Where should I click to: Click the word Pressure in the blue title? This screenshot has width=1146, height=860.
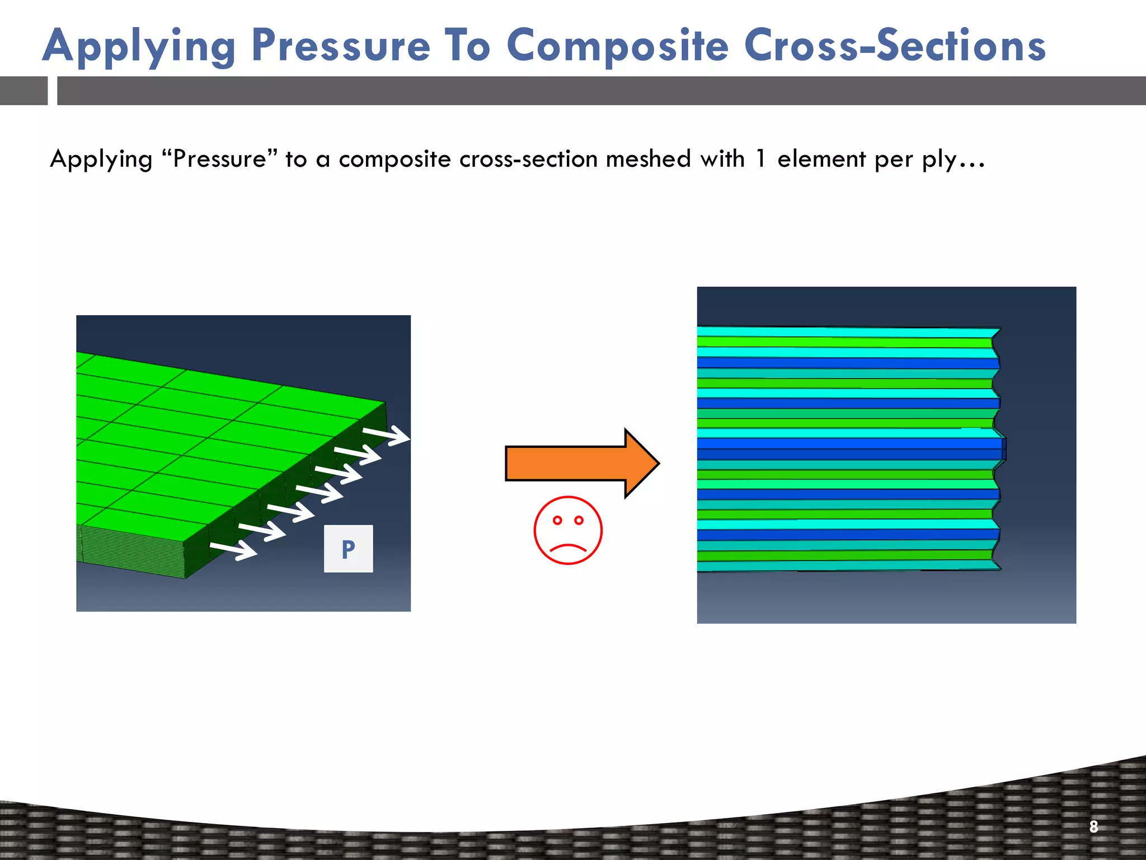[341, 46]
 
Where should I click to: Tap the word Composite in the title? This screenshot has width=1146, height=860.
[618, 47]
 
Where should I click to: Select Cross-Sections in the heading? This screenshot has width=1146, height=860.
[894, 46]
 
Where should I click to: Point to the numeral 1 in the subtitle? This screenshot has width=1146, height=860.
[759, 159]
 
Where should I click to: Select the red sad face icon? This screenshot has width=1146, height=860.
[567, 530]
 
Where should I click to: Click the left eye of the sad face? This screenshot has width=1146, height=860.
[557, 520]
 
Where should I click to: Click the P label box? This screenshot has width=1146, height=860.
[348, 549]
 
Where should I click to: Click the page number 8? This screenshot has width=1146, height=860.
[1093, 826]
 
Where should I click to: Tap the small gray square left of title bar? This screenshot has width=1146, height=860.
[24, 91]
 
